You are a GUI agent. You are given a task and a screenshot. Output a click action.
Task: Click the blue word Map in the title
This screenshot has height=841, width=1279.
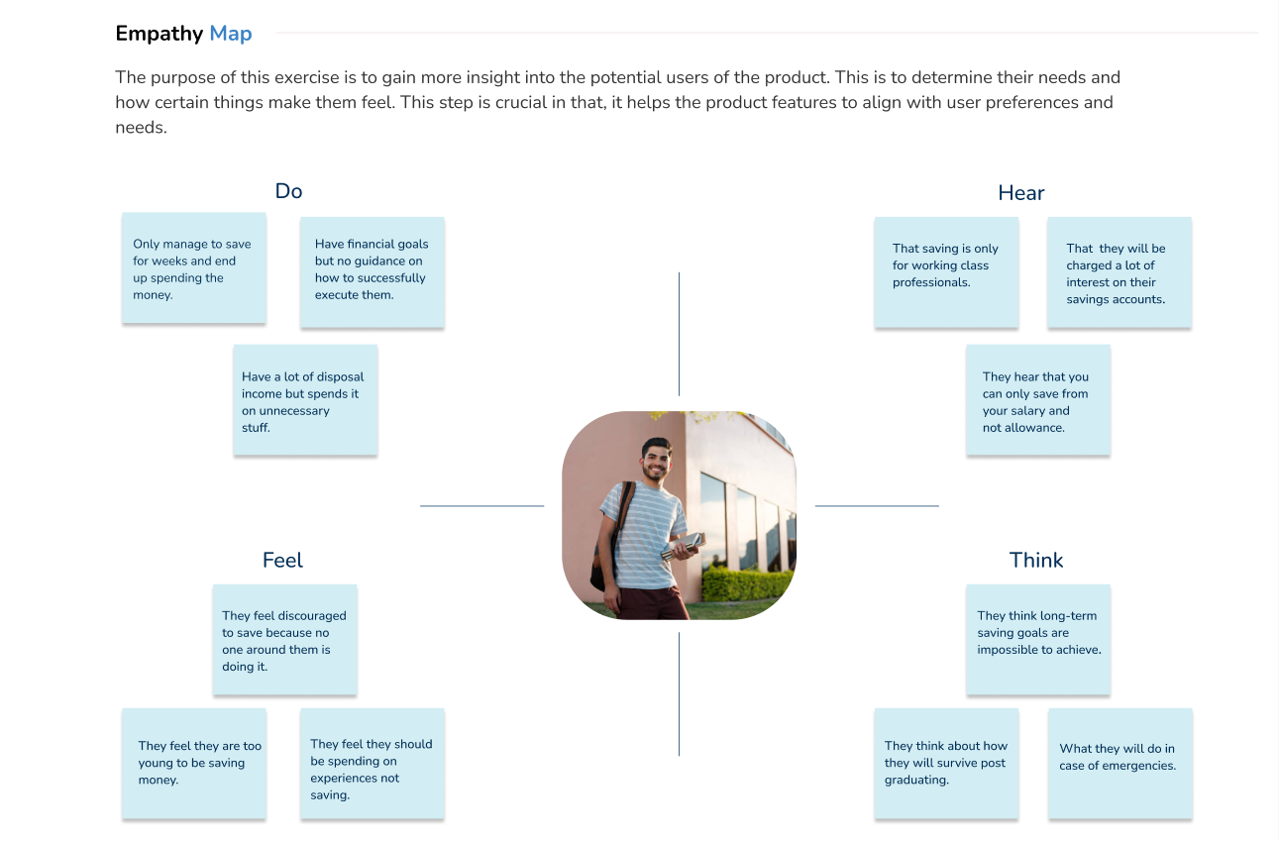tap(231, 34)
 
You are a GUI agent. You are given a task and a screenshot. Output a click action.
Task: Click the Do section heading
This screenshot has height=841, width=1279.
tap(289, 191)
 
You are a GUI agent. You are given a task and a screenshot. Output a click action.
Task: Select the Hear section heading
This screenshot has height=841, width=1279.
tap(1020, 193)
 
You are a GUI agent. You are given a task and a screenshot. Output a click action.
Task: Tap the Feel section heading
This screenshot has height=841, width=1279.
tap(282, 560)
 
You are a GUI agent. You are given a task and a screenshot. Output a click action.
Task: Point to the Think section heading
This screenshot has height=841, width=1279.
tap(1036, 560)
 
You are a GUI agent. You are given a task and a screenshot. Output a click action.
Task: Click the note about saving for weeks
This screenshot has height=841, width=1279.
tap(194, 268)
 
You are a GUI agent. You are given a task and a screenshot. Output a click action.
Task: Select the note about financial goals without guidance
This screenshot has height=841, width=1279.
tap(373, 272)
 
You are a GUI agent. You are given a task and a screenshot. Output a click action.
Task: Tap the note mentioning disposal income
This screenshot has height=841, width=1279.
tap(305, 399)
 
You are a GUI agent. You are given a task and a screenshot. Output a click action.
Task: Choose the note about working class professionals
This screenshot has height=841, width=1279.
tap(947, 272)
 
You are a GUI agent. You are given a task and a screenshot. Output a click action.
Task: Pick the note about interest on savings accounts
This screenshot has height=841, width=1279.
tap(1119, 272)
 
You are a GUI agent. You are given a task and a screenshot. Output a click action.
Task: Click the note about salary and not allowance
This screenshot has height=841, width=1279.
tap(1038, 399)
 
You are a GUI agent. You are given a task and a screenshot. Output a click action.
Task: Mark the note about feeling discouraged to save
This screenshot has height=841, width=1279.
tap(285, 640)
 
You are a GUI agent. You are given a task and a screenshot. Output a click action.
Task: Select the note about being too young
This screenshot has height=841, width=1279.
tap(194, 764)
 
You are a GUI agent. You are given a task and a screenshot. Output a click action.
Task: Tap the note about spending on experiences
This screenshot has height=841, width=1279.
tap(373, 764)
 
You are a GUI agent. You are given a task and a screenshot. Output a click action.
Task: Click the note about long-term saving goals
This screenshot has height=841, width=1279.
tap(1038, 640)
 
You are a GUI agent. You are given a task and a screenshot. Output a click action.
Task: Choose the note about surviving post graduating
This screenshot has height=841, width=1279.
tap(947, 764)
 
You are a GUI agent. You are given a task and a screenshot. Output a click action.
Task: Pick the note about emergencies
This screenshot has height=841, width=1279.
tap(1120, 764)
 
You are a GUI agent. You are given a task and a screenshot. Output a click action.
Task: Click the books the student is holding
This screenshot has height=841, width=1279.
tap(684, 546)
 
